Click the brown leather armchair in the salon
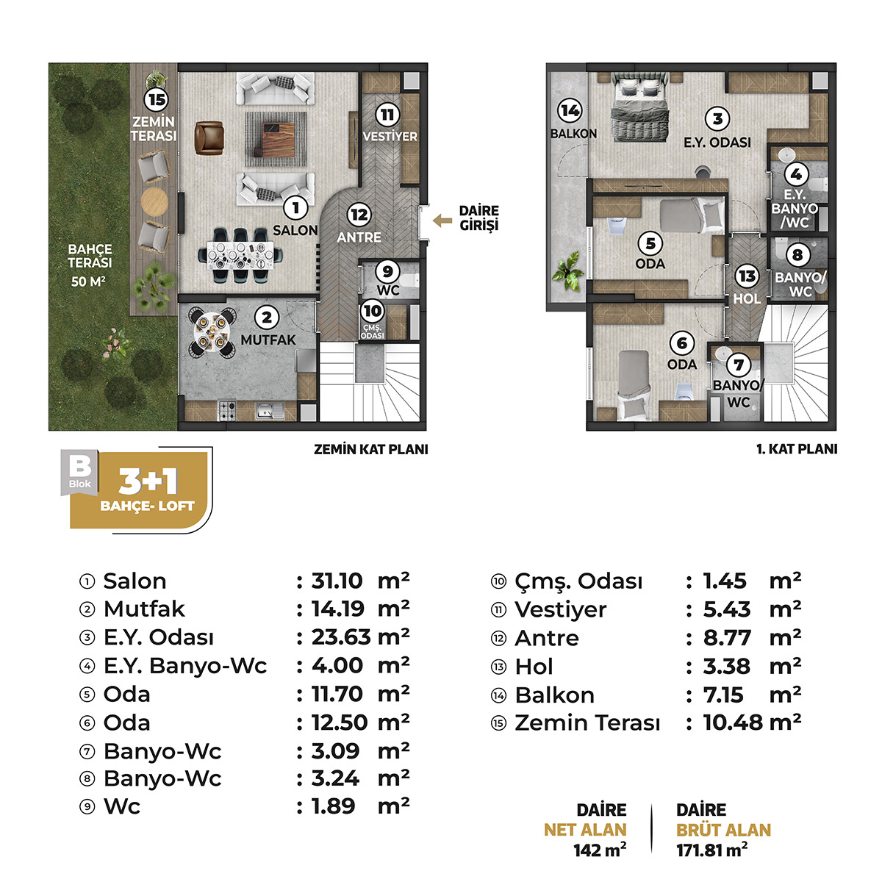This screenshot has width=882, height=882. click(209, 137)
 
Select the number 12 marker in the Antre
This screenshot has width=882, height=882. click(359, 215)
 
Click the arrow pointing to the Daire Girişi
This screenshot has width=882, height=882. click(442, 220)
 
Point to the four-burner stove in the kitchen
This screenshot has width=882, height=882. click(226, 410)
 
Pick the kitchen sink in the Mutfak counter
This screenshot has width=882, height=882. click(269, 411)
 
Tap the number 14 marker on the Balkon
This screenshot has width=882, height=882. click(570, 111)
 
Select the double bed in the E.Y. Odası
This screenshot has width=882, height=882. click(639, 107)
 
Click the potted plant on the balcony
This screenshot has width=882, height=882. click(568, 271)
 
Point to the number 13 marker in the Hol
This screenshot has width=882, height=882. click(747, 276)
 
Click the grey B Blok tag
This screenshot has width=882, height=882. click(79, 473)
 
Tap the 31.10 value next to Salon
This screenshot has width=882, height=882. click(337, 581)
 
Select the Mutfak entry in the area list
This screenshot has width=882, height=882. click(144, 609)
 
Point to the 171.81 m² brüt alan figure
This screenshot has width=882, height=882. click(712, 850)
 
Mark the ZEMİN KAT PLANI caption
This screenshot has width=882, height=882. click(370, 450)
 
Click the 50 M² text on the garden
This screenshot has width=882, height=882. click(88, 281)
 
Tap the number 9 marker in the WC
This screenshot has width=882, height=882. click(387, 271)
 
